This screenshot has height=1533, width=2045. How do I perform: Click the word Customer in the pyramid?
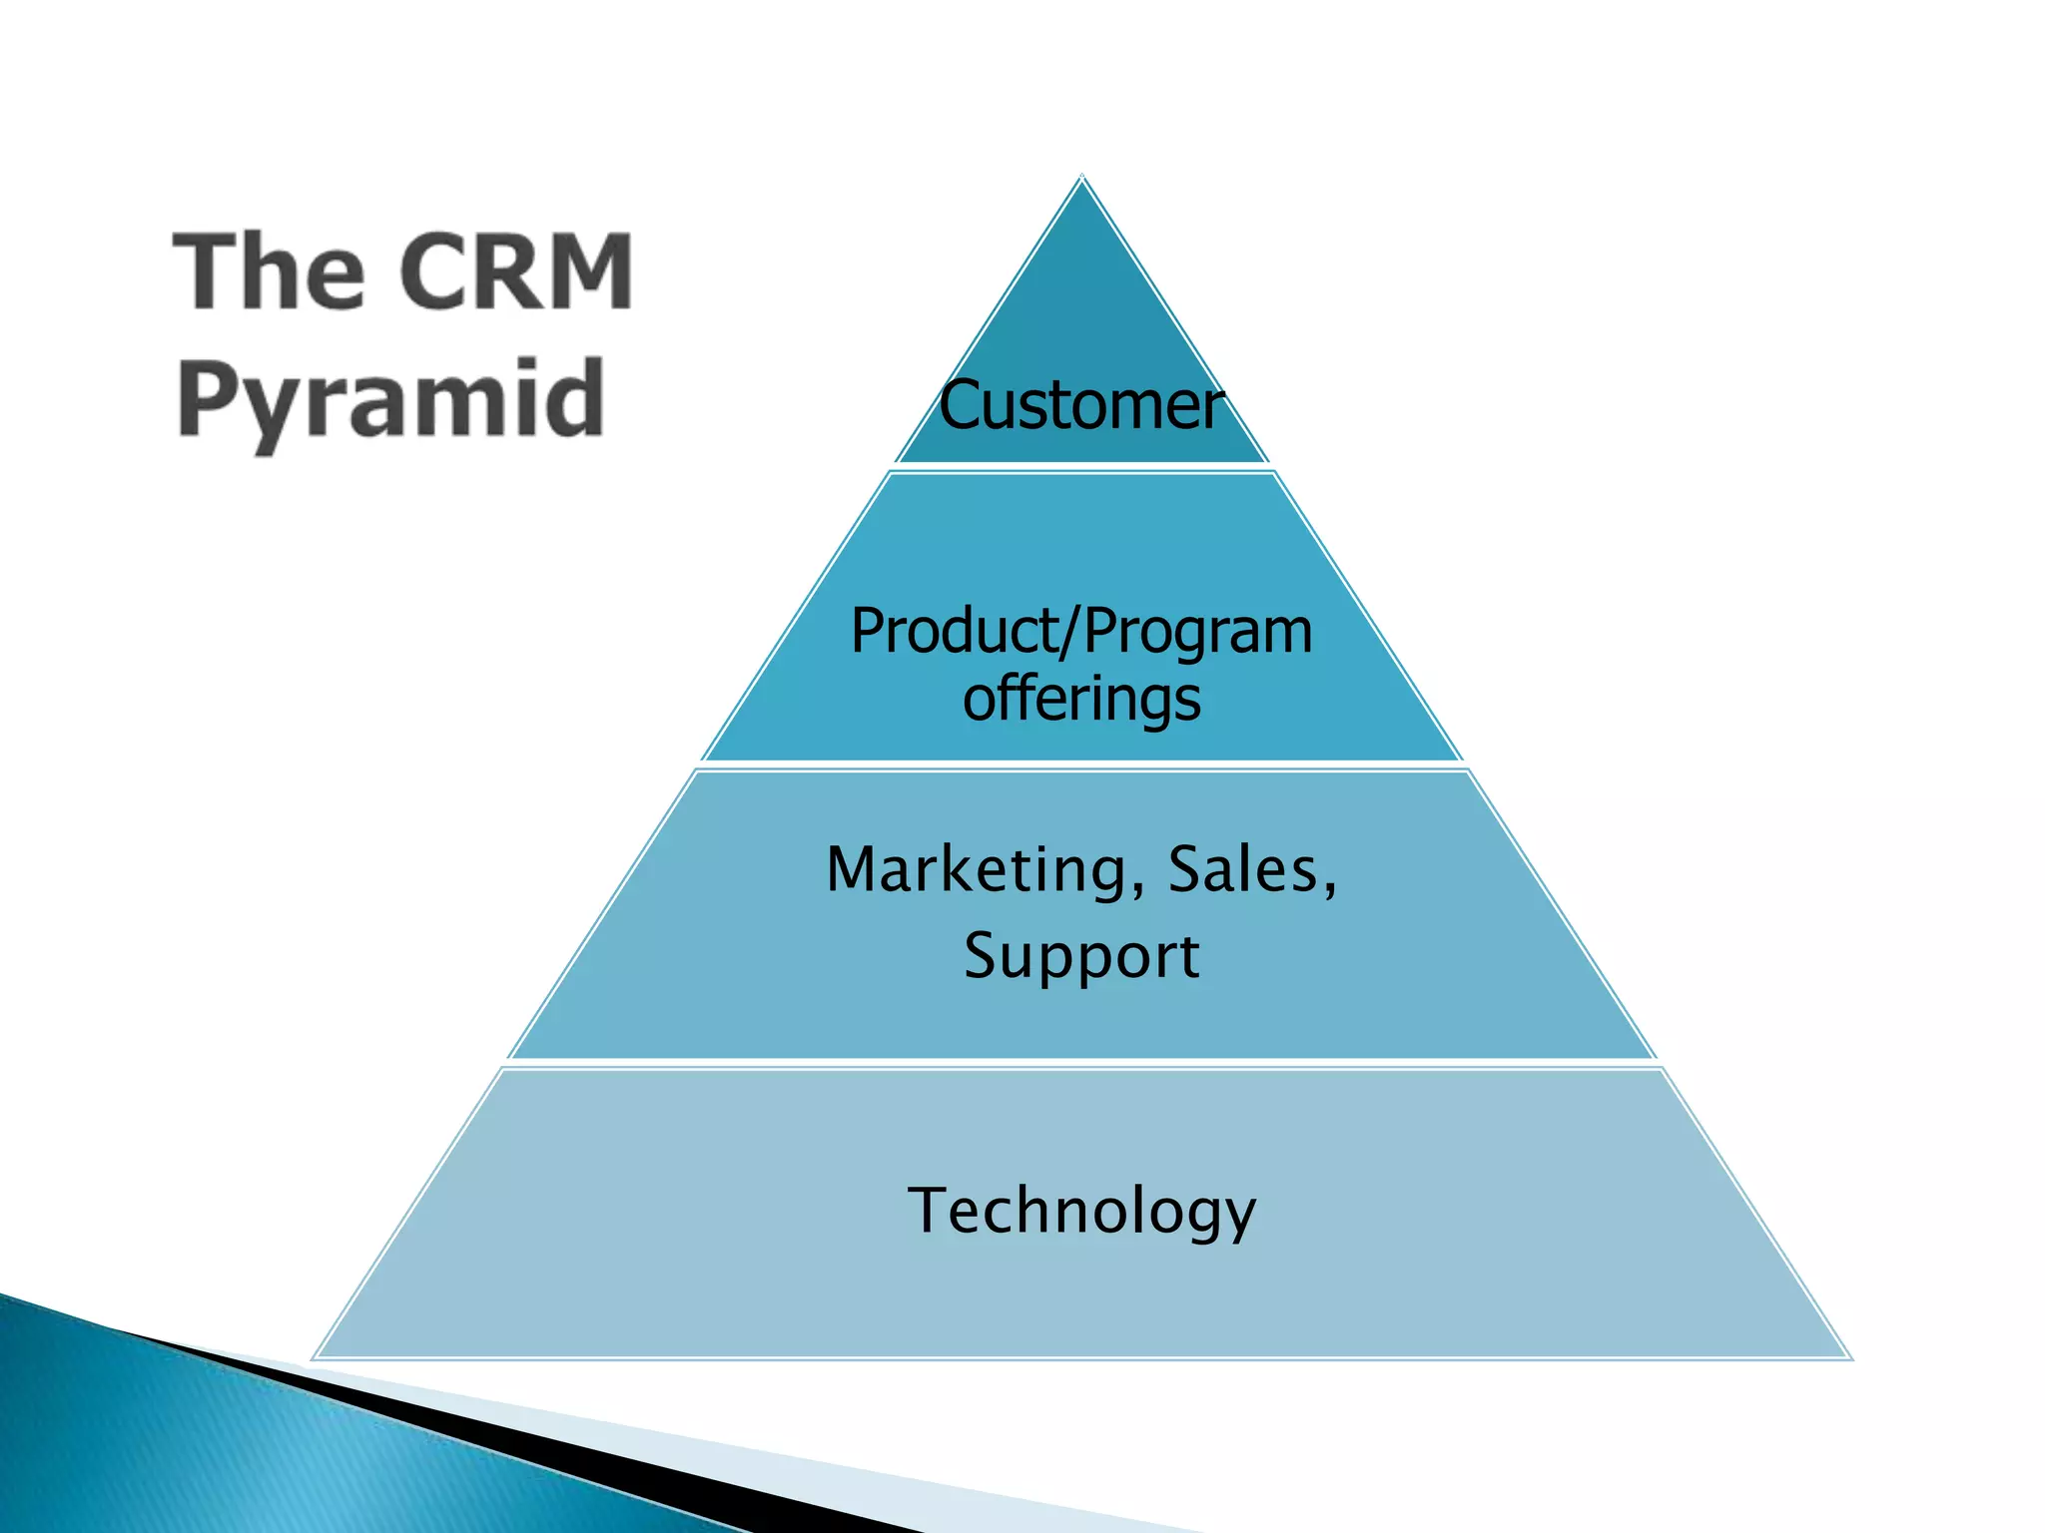(x=1080, y=406)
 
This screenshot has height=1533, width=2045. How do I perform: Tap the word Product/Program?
(x=1080, y=633)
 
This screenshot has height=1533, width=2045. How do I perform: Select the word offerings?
(x=1081, y=699)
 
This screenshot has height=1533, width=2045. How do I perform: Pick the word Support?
(x=1081, y=955)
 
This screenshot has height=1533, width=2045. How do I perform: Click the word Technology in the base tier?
(x=1081, y=1211)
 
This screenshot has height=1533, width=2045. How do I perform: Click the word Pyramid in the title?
(x=390, y=400)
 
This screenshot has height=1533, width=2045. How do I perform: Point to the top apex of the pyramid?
(x=1081, y=178)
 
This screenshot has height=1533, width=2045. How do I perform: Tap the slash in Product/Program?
(x=1073, y=633)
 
